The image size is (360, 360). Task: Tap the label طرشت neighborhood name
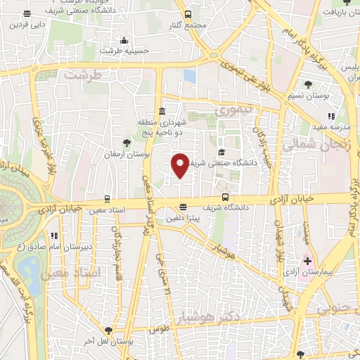[83, 74]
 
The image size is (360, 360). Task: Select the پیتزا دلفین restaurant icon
[183, 207]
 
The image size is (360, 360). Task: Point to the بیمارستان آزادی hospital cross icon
[307, 260]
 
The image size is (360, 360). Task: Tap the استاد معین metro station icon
[107, 199]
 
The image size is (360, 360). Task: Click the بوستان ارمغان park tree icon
[127, 142]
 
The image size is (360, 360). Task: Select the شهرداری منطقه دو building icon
[162, 111]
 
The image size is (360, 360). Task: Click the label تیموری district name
[232, 111]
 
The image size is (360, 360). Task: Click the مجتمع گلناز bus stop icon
[188, 14]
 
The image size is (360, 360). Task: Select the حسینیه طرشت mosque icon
[124, 40]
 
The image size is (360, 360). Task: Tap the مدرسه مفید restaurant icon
[331, 116]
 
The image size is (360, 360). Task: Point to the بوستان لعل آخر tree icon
[108, 330]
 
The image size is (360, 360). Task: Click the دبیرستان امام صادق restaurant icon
[53, 236]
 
